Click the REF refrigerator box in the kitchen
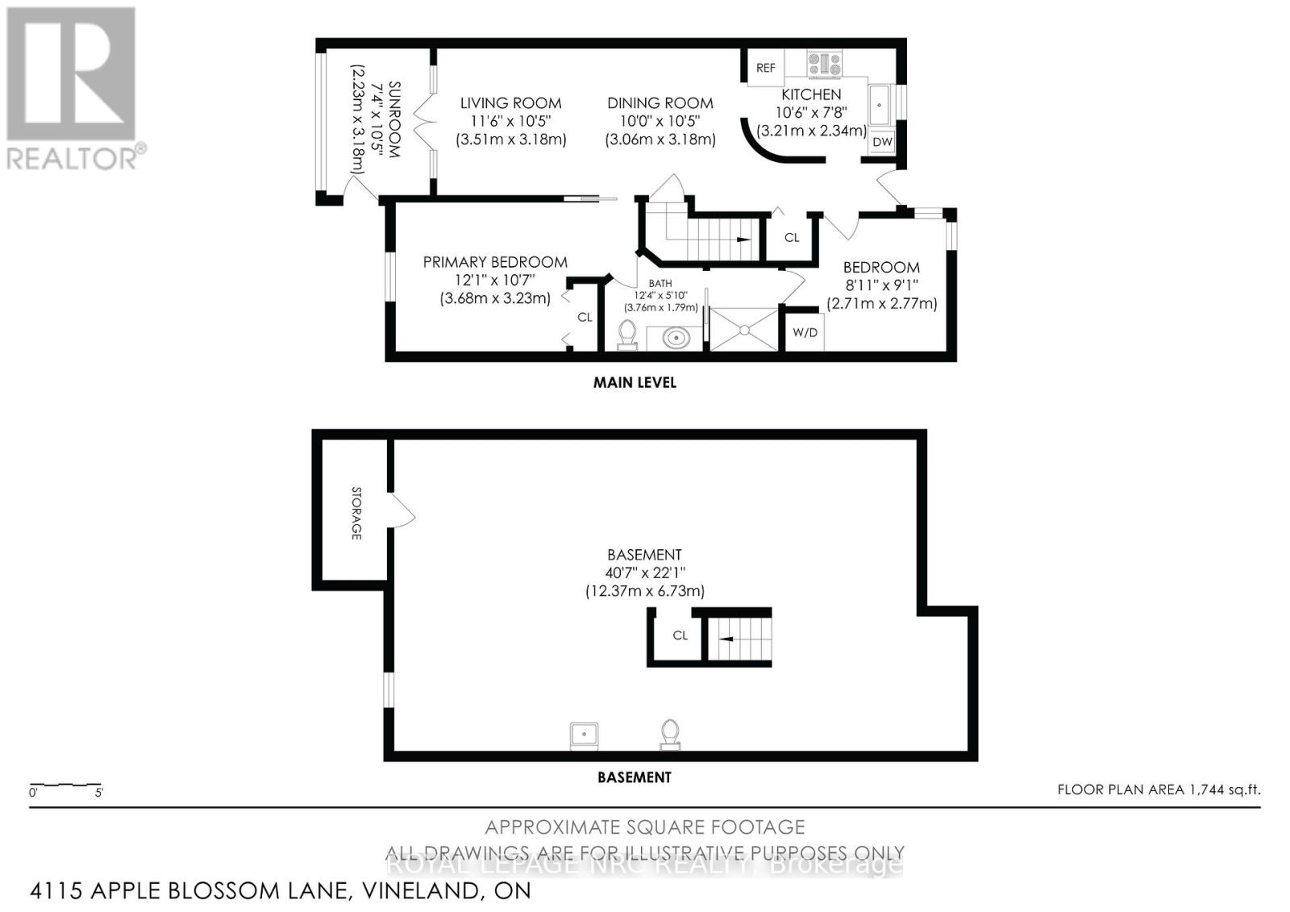click(x=765, y=68)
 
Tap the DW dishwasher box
click(x=882, y=142)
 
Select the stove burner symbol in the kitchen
click(x=824, y=63)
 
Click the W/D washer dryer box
click(x=804, y=332)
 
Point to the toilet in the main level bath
click(x=626, y=335)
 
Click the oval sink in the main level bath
click(x=676, y=337)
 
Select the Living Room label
click(x=510, y=103)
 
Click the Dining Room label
click(x=660, y=103)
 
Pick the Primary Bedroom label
click(x=495, y=262)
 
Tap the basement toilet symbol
click(x=669, y=734)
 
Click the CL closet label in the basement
click(x=680, y=635)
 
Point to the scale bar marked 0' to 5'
click(x=65, y=785)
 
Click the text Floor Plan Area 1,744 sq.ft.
click(x=1158, y=789)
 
